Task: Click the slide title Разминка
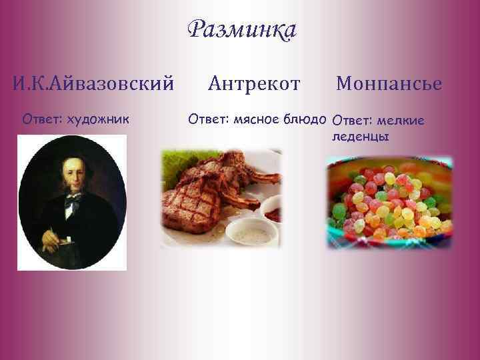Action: (x=241, y=30)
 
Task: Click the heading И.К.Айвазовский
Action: (x=93, y=84)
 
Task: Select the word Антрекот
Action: (x=254, y=84)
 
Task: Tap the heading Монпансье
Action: (x=389, y=84)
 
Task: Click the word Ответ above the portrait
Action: (x=41, y=119)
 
